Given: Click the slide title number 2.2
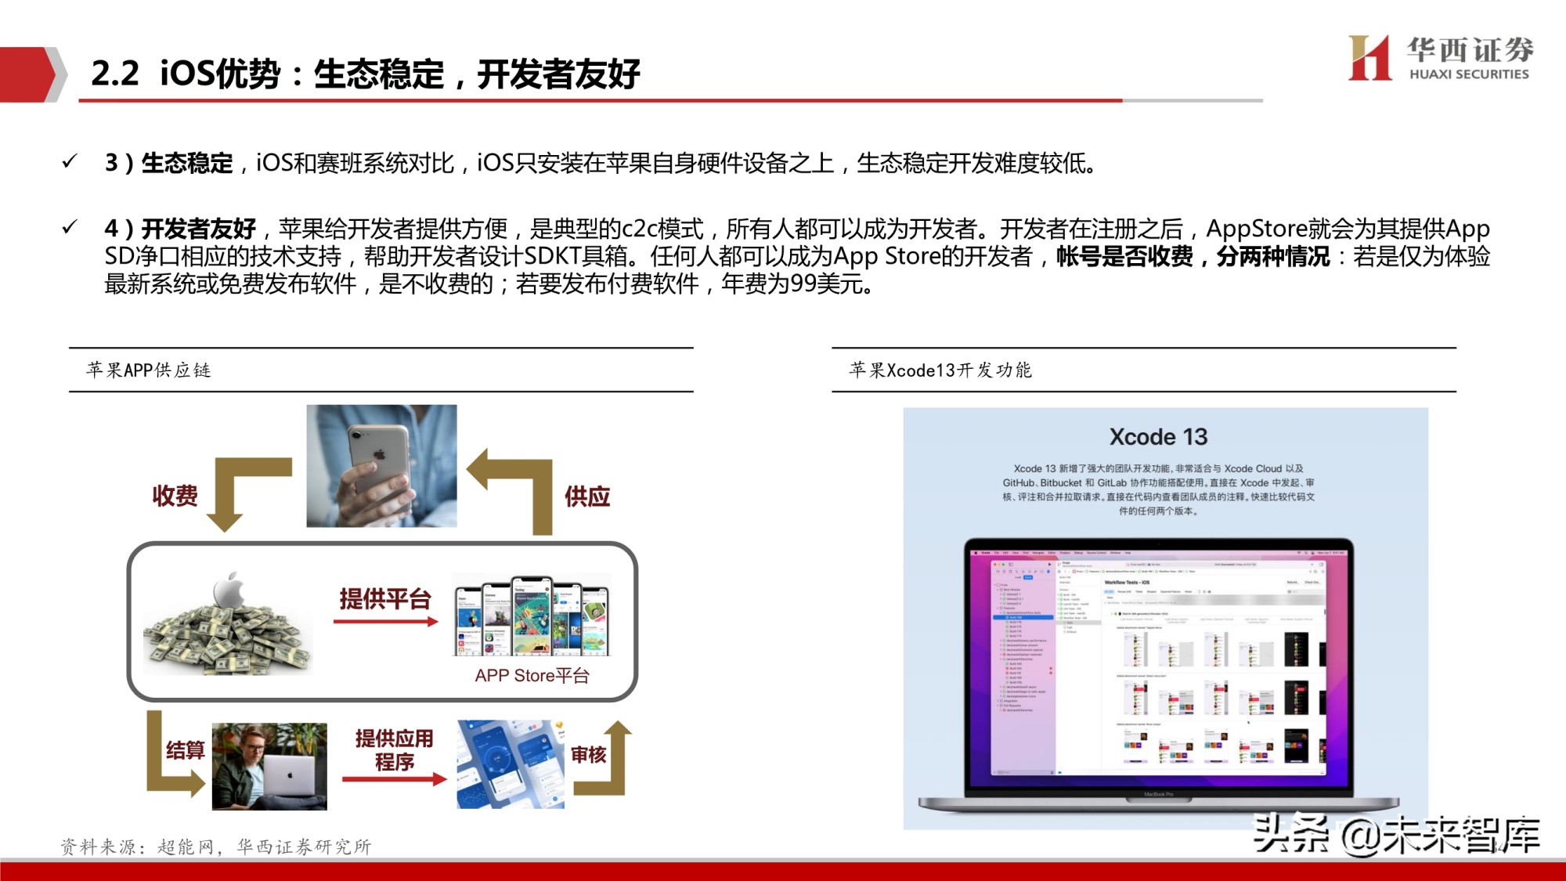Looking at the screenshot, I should click(x=114, y=74).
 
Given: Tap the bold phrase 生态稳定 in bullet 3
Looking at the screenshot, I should click(x=186, y=163).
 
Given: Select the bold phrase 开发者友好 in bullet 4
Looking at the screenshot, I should click(x=198, y=229).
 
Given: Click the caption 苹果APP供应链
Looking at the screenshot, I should click(x=149, y=370).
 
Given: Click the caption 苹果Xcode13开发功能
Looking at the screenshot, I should click(x=940, y=370).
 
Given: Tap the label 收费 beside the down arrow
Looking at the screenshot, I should click(x=175, y=496).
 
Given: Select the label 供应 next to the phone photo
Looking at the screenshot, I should click(x=587, y=496).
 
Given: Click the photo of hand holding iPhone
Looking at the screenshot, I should click(x=381, y=466).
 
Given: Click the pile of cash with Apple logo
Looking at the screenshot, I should click(x=228, y=626).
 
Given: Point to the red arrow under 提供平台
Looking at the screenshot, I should click(x=385, y=622).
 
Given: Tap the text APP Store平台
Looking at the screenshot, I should click(x=532, y=675).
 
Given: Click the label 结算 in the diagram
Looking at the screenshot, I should click(x=185, y=750).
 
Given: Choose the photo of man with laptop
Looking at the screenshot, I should click(x=269, y=766).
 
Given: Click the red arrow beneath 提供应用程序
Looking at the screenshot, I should click(x=394, y=779).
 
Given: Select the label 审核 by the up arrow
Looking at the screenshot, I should click(x=588, y=754).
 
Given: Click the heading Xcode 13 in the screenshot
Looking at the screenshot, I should click(x=1158, y=437).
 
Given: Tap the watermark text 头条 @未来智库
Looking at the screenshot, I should click(x=1395, y=835).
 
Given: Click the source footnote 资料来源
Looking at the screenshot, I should click(x=216, y=847).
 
